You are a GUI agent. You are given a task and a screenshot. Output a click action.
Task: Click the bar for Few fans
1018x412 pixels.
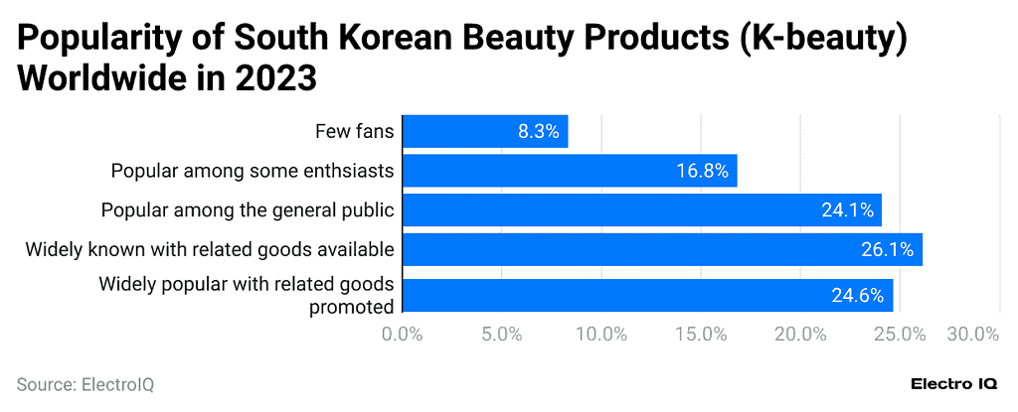[485, 131]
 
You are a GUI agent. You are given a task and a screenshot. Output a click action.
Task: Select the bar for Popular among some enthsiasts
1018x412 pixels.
[570, 171]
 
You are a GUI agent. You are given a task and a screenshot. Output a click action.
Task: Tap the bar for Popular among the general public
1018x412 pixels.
[642, 210]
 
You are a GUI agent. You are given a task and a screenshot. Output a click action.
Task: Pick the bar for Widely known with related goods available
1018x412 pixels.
[662, 250]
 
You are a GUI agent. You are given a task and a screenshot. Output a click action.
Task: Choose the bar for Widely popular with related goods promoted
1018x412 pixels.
[647, 295]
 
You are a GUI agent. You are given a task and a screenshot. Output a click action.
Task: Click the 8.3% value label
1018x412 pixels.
[538, 131]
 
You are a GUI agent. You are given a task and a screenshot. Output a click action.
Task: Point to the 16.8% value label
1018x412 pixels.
[702, 171]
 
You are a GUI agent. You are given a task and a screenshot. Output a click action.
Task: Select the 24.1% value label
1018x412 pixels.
[847, 210]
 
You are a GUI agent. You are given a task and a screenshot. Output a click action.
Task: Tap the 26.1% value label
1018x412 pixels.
[887, 250]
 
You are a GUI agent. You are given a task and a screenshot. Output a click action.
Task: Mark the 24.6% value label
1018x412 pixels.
[857, 295]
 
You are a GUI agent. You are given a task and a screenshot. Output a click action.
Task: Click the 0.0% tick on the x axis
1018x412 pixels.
[403, 335]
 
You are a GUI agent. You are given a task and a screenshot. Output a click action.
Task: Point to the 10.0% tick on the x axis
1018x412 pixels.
[601, 335]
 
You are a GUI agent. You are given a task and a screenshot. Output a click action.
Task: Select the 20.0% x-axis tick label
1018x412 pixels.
[800, 335]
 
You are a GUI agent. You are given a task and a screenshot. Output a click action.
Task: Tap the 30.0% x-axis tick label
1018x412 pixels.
[973, 335]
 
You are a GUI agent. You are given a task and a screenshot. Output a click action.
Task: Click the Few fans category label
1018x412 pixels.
[355, 131]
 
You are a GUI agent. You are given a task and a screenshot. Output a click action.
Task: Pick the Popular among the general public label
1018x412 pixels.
[248, 210]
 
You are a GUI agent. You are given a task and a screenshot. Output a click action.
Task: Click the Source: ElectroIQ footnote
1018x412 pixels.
[85, 384]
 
